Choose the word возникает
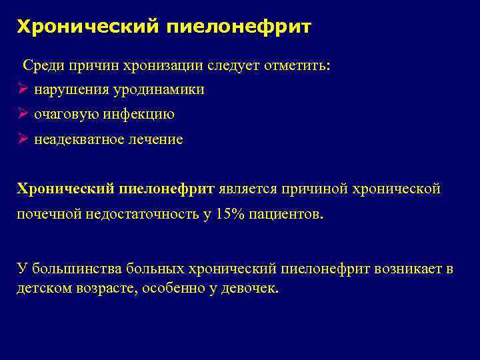pos(403,269)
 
